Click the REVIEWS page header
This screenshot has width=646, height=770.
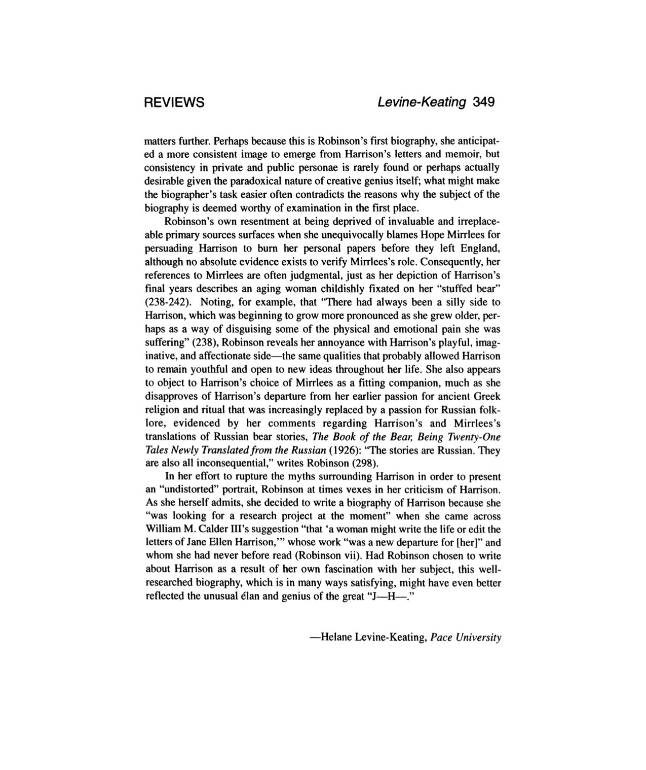click(x=174, y=102)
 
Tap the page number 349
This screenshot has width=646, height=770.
click(x=483, y=102)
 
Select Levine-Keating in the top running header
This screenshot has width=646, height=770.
click(x=422, y=102)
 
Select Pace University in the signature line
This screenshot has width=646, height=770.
click(x=466, y=637)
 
